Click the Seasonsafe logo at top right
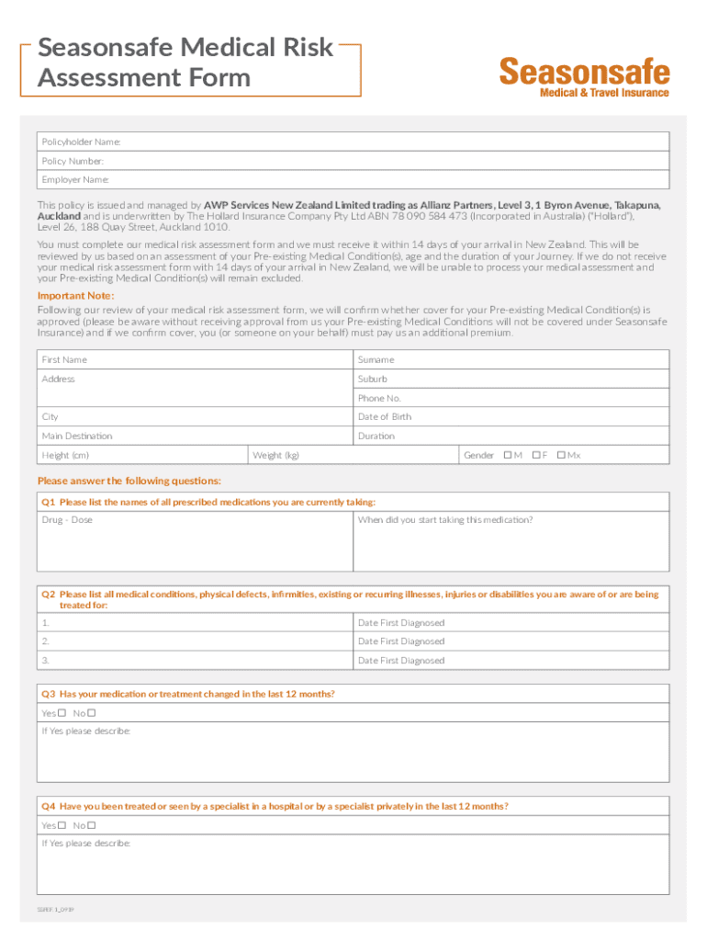click(584, 77)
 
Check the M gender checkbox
click(508, 455)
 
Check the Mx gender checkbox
click(561, 455)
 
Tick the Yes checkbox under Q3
click(62, 713)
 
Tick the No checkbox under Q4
click(92, 825)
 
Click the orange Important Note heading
click(75, 295)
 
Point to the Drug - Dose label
click(67, 520)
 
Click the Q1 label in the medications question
click(49, 502)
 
